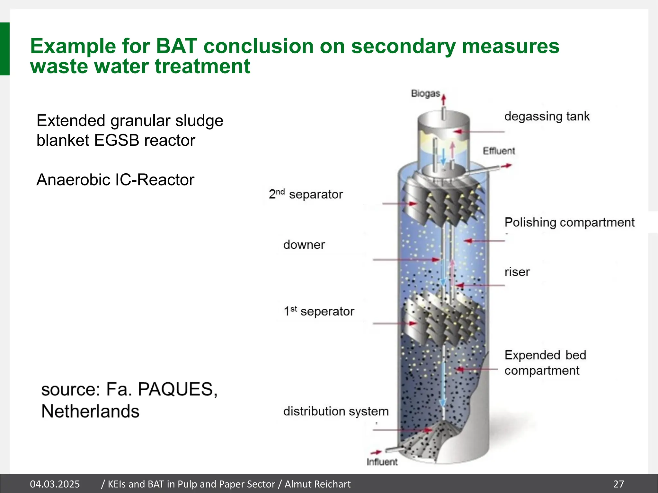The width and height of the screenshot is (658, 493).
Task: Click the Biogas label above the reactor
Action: (425, 93)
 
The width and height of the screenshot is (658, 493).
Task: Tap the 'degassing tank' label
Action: (547, 116)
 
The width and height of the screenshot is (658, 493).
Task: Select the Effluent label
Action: (499, 151)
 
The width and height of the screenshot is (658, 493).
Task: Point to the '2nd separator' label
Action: (306, 194)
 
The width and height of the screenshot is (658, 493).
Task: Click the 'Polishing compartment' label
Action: (569, 222)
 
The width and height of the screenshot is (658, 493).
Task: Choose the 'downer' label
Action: (304, 245)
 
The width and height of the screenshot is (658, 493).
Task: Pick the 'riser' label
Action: (517, 272)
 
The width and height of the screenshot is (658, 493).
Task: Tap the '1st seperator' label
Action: (319, 311)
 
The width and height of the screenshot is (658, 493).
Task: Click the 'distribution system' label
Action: (336, 411)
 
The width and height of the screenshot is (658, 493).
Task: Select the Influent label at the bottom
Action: (382, 462)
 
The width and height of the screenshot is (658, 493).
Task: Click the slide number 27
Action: (618, 484)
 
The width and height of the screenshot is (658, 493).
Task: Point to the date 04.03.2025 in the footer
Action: (55, 484)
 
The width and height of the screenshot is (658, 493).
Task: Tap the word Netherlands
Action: (90, 411)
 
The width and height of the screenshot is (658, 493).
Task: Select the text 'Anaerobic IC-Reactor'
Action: (115, 180)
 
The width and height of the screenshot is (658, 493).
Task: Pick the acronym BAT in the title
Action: (176, 46)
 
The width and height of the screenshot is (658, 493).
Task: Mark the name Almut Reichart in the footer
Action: (317, 484)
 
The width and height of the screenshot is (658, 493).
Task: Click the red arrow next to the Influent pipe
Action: (376, 453)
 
